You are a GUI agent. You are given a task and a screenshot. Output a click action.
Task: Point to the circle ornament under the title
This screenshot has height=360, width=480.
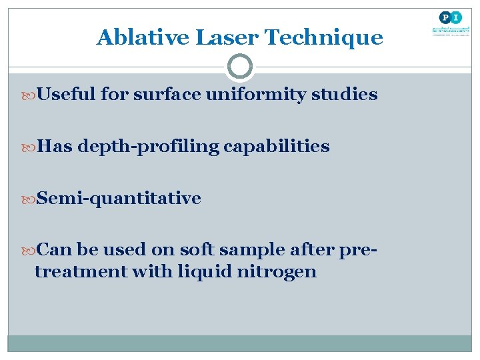coord(240,67)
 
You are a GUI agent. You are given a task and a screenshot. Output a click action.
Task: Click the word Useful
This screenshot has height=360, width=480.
coord(67,95)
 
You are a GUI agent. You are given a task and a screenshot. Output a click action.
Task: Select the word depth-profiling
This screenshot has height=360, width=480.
coord(148,147)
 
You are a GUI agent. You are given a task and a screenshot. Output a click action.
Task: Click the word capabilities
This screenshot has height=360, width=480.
coord(277,147)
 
